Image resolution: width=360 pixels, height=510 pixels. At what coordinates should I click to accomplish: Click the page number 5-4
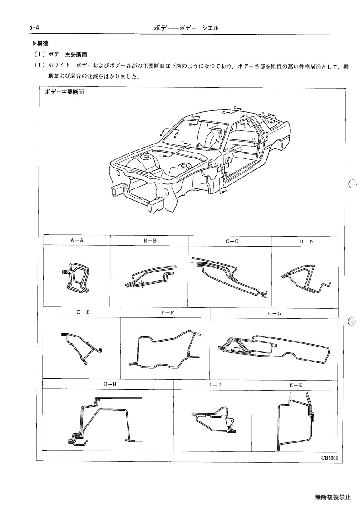34,28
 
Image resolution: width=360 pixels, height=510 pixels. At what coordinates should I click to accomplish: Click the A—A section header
77,240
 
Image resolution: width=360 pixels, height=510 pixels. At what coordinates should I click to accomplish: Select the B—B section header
150,241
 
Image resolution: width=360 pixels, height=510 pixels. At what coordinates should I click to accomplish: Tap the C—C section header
232,241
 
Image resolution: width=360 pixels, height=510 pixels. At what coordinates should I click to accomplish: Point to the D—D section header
306,242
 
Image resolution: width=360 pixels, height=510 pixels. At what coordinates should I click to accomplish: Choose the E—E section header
83,312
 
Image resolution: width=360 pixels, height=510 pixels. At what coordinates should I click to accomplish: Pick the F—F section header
168,312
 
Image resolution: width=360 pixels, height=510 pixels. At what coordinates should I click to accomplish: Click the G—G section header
275,313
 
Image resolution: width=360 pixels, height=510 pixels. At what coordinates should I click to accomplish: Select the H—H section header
110,384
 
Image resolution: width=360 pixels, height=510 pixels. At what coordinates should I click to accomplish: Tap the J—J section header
215,385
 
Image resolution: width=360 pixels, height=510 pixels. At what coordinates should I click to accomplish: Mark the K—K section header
296,386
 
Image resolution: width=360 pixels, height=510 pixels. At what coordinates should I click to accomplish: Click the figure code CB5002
330,458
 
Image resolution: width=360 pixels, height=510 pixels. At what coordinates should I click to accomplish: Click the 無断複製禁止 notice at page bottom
333,497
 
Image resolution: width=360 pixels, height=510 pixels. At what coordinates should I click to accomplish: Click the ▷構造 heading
40,43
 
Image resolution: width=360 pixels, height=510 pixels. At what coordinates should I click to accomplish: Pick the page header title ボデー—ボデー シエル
186,28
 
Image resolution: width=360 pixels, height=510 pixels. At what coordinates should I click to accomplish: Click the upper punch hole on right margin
352,184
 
